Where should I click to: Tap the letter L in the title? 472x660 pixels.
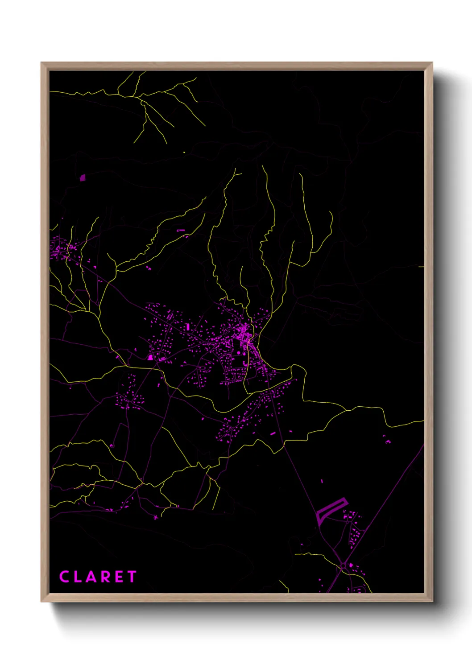tap(80, 577)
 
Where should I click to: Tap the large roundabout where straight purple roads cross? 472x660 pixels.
tap(343, 566)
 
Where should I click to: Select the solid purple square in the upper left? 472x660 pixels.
tap(82, 177)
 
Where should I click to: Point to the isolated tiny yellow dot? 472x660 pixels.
tap(184, 153)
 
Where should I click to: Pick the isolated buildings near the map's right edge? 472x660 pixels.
tap(387, 441)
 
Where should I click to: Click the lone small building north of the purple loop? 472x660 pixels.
tap(322, 481)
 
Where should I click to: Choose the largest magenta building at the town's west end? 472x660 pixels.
tap(151, 357)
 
